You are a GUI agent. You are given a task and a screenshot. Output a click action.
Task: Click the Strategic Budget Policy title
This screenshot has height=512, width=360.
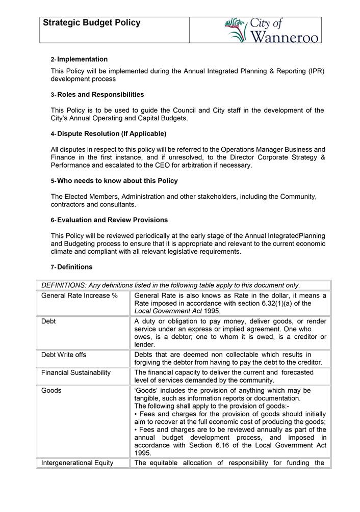(x=92, y=23)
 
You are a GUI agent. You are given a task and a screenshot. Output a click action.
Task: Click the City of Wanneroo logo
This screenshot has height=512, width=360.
(x=273, y=31)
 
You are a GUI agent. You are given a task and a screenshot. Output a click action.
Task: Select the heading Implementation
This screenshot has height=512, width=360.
(x=82, y=60)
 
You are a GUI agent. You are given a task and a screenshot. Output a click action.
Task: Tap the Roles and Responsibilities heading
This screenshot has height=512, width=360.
(x=100, y=95)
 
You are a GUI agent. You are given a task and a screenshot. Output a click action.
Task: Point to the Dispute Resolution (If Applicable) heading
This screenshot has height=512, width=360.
(x=112, y=134)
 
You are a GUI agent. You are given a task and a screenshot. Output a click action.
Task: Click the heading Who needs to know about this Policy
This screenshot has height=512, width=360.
(x=117, y=181)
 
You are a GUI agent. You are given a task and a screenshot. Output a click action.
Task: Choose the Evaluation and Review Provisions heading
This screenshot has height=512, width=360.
(x=112, y=220)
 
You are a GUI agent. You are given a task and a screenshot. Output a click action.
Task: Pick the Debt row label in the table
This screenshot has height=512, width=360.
(x=49, y=321)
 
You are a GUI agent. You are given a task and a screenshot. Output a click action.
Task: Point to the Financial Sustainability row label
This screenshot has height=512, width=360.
(x=76, y=372)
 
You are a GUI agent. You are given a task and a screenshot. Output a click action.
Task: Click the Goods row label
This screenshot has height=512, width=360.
(x=52, y=390)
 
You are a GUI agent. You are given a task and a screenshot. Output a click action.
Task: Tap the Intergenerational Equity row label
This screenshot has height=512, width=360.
(x=78, y=463)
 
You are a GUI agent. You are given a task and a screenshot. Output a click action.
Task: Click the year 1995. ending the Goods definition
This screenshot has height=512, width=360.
(x=143, y=452)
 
